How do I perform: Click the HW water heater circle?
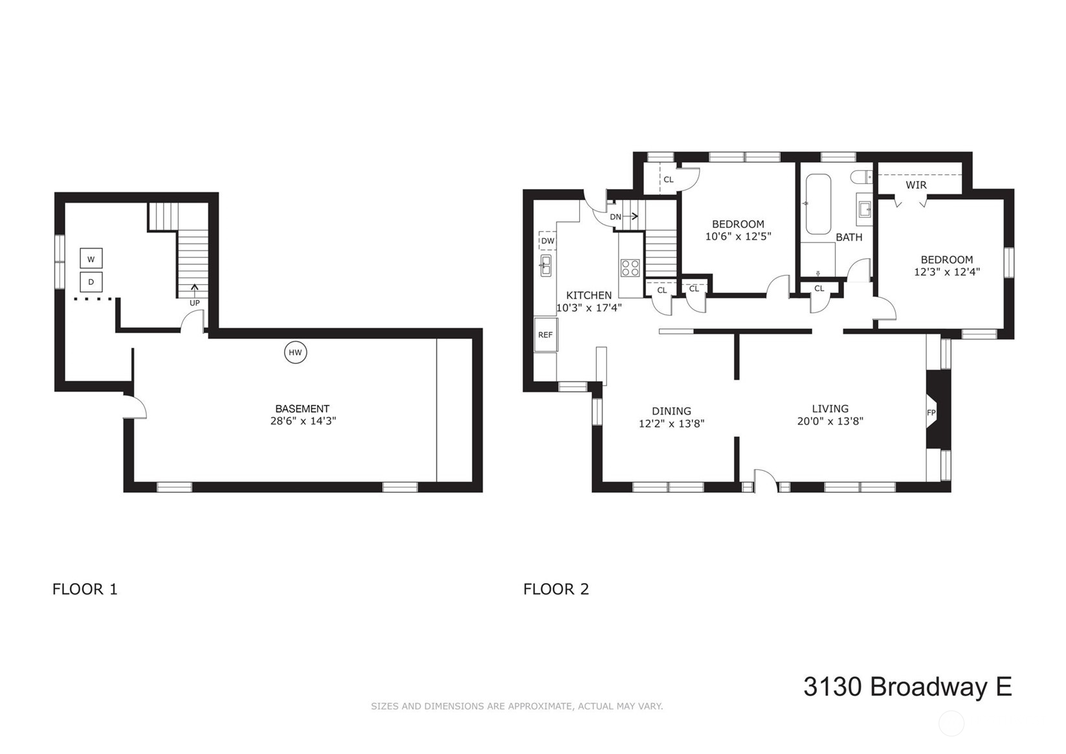(295, 352)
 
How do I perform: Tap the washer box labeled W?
(91, 259)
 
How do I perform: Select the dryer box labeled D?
(91, 282)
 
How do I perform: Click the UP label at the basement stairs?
(194, 303)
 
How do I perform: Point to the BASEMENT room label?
(302, 409)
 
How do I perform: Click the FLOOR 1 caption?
(85, 589)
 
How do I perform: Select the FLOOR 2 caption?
(556, 589)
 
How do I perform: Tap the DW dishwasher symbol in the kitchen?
(548, 241)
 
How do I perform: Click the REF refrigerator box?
(546, 335)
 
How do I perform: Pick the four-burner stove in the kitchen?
(630, 268)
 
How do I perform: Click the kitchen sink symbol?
(546, 266)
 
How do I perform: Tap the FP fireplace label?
(931, 413)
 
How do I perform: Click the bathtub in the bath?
(819, 204)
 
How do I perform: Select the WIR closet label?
(916, 185)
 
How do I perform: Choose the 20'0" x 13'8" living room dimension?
(830, 421)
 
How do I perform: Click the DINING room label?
(671, 411)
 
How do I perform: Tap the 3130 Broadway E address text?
(907, 687)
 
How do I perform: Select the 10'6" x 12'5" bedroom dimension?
(738, 236)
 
